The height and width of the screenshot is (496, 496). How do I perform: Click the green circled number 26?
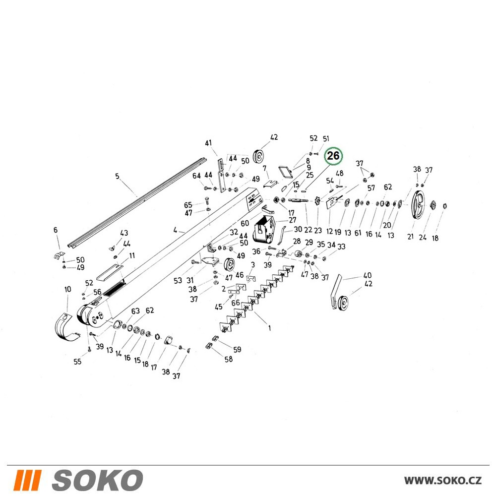(x=333, y=156)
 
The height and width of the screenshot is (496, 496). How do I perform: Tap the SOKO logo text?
(x=97, y=480)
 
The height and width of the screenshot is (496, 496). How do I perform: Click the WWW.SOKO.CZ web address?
(x=443, y=480)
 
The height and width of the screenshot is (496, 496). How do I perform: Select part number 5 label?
(x=118, y=176)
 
